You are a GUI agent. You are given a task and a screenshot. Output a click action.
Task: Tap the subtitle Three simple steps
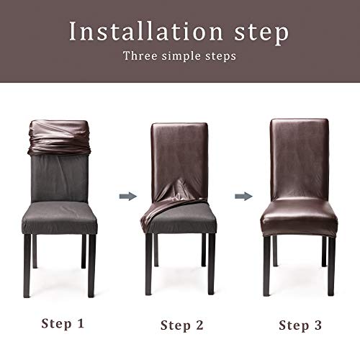click(180, 55)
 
